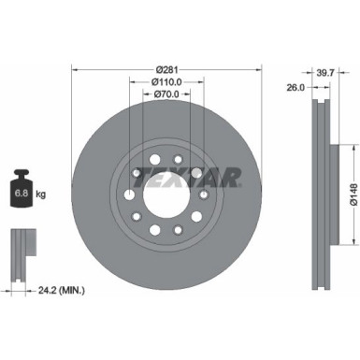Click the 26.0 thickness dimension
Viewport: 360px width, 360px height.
296,89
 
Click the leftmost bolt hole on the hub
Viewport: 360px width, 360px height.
127,195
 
